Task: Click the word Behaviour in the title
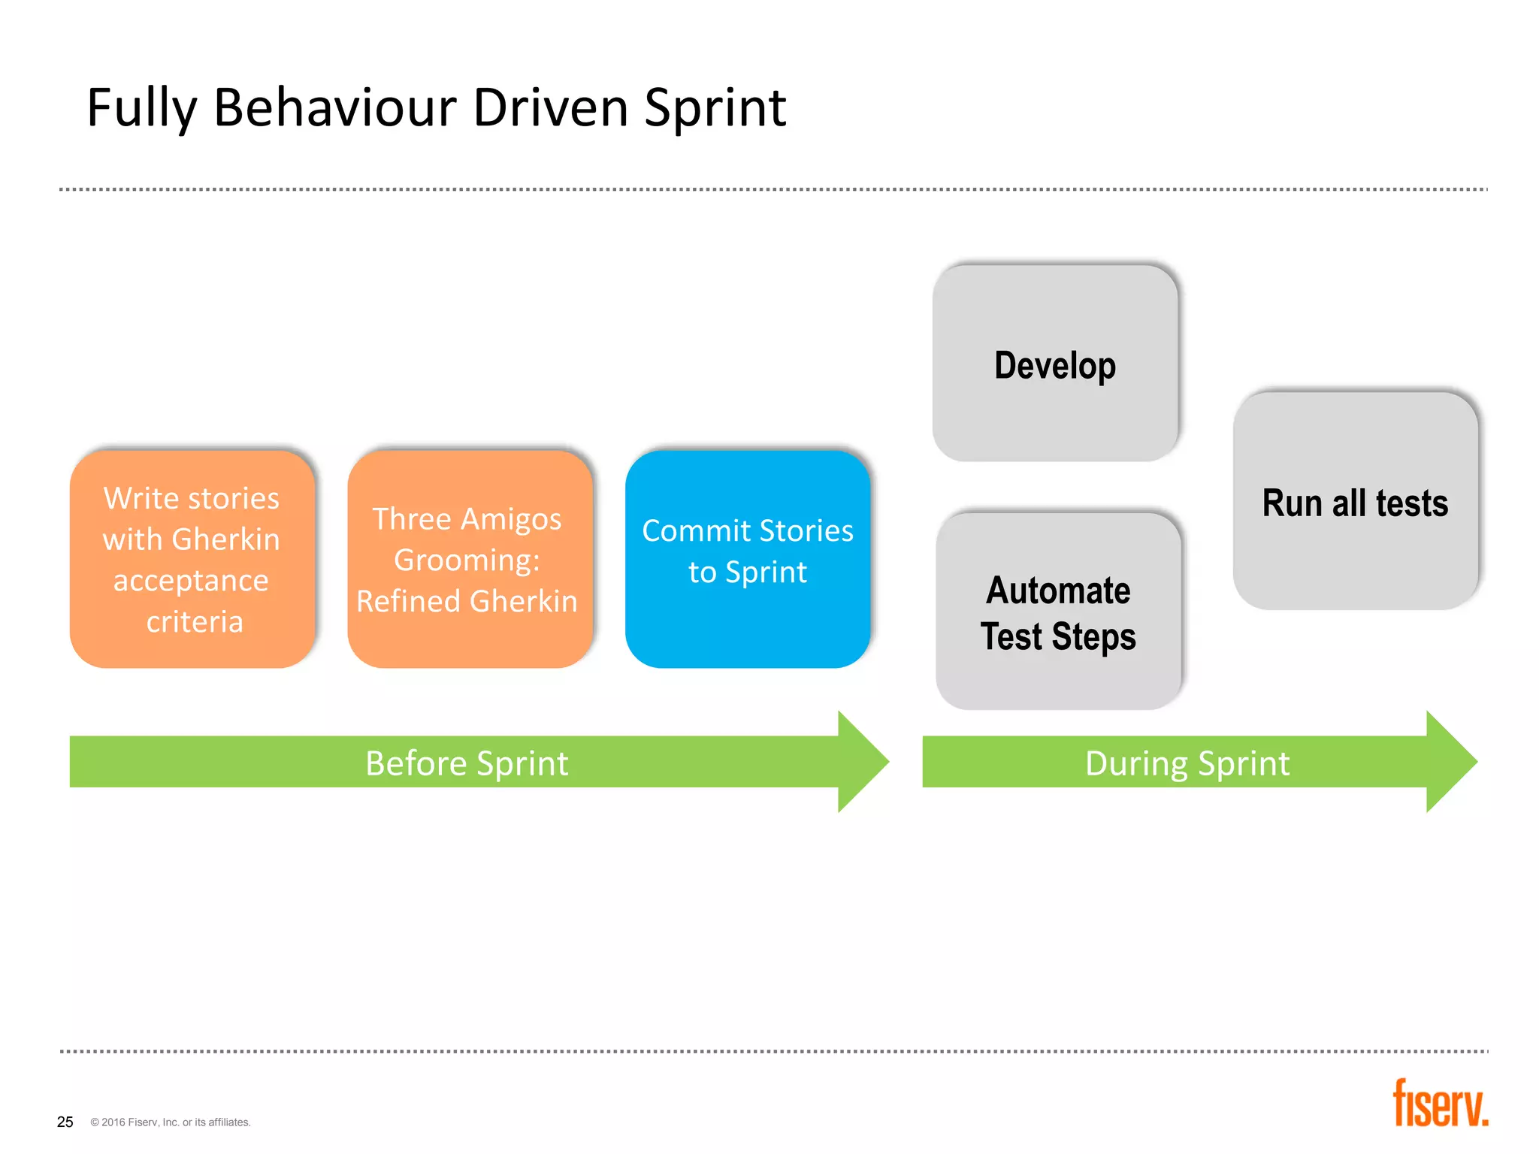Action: tap(334, 107)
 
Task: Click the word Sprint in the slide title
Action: tap(715, 107)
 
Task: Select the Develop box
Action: tap(1054, 364)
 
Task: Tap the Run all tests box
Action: tap(1355, 502)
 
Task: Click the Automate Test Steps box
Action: tap(1058, 612)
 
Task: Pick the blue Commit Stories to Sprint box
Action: tap(747, 558)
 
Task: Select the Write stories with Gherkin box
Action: tap(192, 558)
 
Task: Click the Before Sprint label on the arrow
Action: tap(467, 763)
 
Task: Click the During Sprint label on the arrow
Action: tap(1187, 763)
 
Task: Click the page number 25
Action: tap(65, 1122)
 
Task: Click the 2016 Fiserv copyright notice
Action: tap(171, 1122)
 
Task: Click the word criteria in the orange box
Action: tap(195, 622)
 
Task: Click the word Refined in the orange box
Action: tap(407, 601)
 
